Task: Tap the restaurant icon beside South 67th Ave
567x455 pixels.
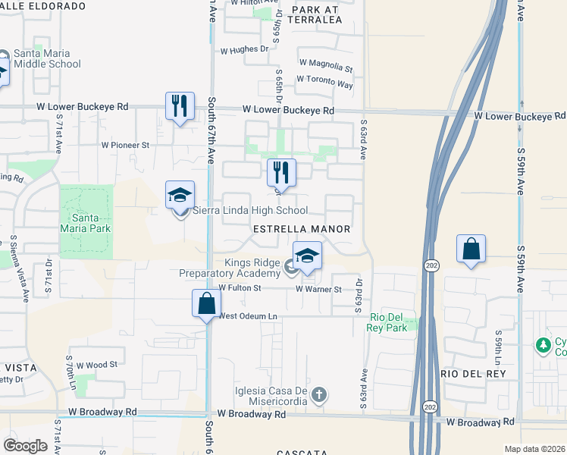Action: pyautogui.click(x=180, y=106)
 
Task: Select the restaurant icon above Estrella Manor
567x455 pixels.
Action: pyautogui.click(x=281, y=173)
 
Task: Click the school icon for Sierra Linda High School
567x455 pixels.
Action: pyautogui.click(x=180, y=196)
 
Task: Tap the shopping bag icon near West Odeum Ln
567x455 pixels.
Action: pyautogui.click(x=206, y=304)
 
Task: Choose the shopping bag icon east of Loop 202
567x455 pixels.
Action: pyautogui.click(x=471, y=249)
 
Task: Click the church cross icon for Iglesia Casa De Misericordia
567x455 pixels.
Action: pyautogui.click(x=319, y=394)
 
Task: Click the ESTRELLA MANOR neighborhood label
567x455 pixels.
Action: pyautogui.click(x=302, y=229)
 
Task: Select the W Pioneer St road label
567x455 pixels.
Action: pyautogui.click(x=125, y=144)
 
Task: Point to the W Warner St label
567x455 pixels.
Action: pyautogui.click(x=319, y=289)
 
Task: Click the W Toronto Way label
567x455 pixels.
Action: pyautogui.click(x=325, y=82)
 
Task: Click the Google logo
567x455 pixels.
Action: pyautogui.click(x=25, y=445)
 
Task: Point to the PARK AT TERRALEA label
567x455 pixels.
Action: pyautogui.click(x=317, y=15)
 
